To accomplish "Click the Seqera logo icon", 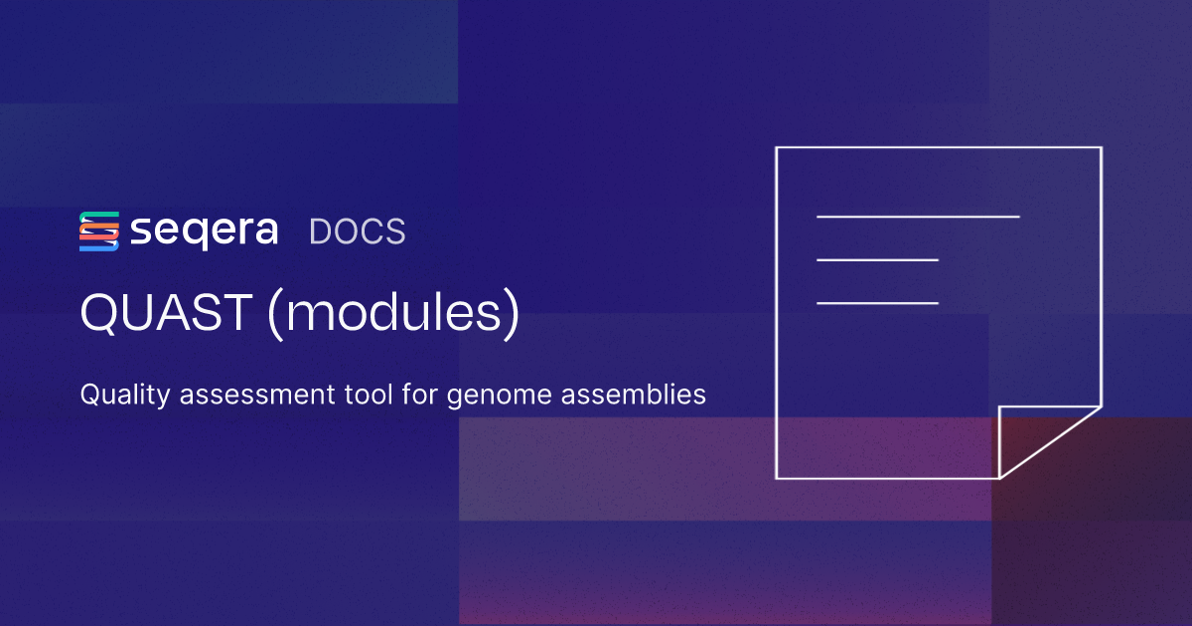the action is click(99, 231).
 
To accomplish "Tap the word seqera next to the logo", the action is click(204, 233).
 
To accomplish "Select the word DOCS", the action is click(357, 232).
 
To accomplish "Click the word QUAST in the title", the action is click(166, 312).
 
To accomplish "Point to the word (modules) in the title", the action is click(393, 313).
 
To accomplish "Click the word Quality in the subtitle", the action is click(125, 395).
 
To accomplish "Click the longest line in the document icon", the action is click(918, 217).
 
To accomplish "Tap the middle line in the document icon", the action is click(877, 259).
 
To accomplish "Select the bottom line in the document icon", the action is click(877, 303).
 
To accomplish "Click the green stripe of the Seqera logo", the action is click(99, 215).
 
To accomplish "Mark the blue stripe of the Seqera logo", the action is click(99, 246).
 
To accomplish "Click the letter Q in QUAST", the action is click(101, 313).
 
